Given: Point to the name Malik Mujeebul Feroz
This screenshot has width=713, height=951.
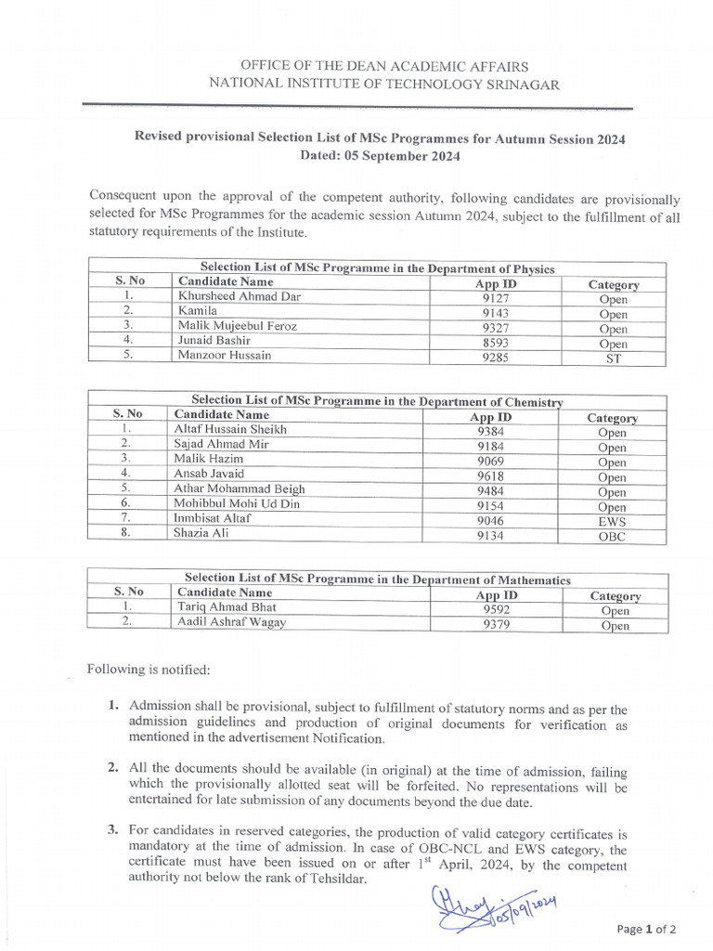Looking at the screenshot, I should coord(233,326).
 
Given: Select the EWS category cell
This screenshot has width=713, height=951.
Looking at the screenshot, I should coord(612,522).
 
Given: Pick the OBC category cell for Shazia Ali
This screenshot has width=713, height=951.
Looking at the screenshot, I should coord(612,537).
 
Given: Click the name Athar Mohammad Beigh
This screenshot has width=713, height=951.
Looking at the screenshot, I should coord(239,489).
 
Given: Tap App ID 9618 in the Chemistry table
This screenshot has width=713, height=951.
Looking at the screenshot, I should coord(490,476).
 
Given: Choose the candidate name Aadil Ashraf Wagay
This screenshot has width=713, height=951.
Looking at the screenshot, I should coord(231,622).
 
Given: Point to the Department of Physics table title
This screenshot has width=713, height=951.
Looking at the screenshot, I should coord(377,268).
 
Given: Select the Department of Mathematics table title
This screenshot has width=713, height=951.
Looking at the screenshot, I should coord(377,579).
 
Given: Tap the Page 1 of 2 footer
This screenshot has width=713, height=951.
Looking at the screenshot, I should coord(646,928).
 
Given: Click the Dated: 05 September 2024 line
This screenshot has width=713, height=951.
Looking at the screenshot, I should coord(380,156).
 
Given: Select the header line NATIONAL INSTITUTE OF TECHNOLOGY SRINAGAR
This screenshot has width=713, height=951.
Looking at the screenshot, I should coord(384,84).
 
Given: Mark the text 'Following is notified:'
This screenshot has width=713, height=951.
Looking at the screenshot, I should coord(149,669).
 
